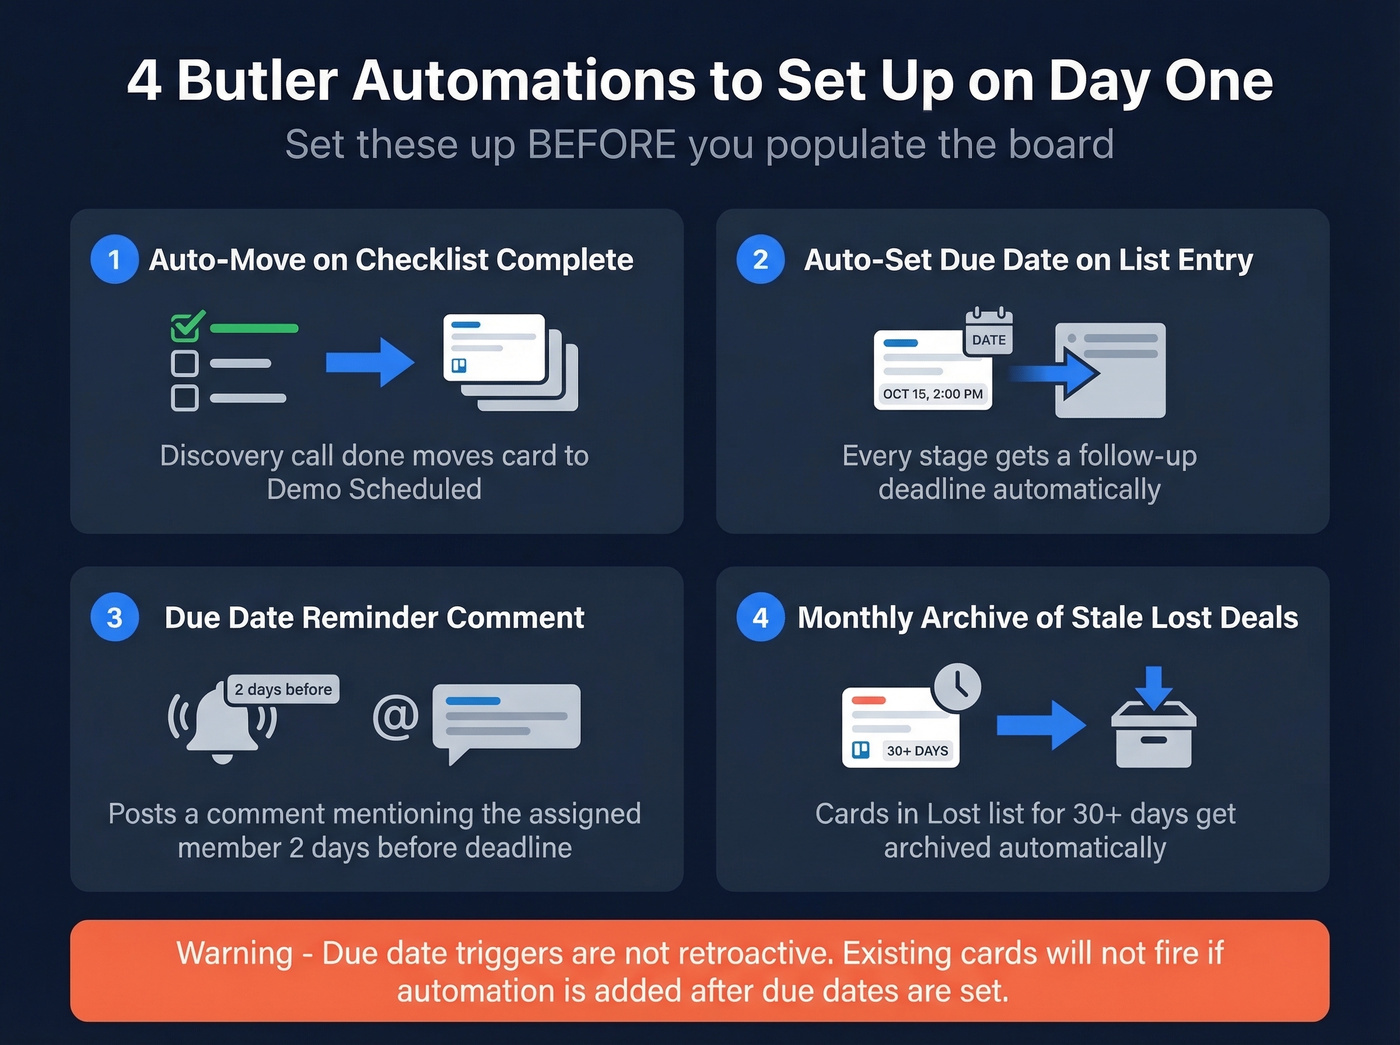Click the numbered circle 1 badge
tap(114, 260)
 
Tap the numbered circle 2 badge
tap(760, 260)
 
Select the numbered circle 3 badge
tap(114, 618)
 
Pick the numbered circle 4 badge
tap(760, 618)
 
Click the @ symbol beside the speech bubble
tap(395, 717)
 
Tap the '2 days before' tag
tap(283, 689)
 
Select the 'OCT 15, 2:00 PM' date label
tap(932, 394)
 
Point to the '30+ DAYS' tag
tap(917, 751)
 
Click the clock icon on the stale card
tap(957, 686)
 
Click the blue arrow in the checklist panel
tap(370, 362)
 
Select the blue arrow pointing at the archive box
tap(1041, 724)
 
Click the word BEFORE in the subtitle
tap(602, 145)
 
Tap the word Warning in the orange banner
tap(235, 953)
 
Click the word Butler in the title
tap(258, 81)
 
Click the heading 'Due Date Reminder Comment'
tap(374, 618)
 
